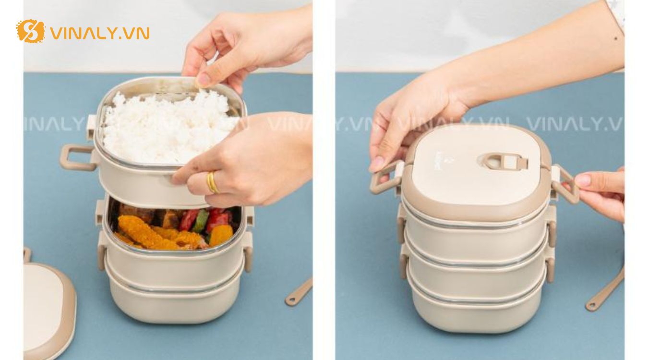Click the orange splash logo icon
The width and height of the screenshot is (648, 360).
(x=30, y=32)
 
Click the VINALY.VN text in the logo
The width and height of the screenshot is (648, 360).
(x=99, y=33)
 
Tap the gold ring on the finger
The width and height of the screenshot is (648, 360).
(x=212, y=182)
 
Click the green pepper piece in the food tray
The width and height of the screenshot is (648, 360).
(x=201, y=221)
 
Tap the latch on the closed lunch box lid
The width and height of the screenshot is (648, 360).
(x=504, y=161)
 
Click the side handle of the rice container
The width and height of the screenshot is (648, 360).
(x=77, y=158)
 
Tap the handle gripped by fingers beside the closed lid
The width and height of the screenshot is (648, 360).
(x=566, y=185)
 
